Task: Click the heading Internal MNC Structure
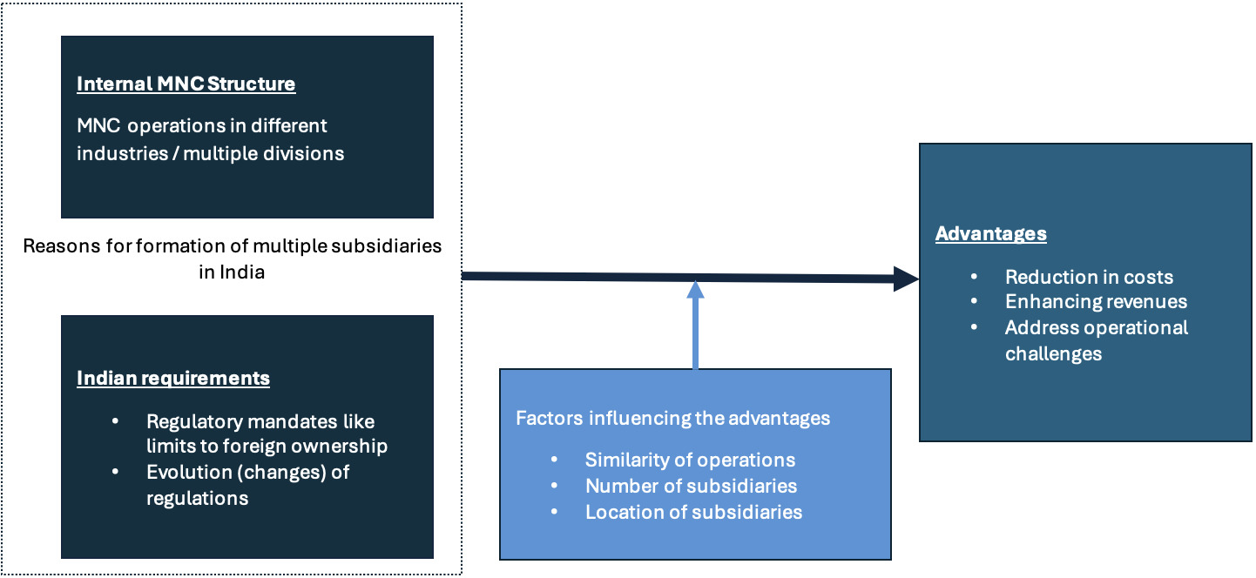[x=186, y=84]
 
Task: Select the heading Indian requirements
[x=173, y=378]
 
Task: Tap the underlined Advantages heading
[x=990, y=234]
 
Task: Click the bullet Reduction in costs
[x=1089, y=277]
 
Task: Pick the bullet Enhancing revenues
[x=1096, y=301]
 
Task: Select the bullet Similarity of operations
[x=690, y=460]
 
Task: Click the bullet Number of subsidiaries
[x=691, y=486]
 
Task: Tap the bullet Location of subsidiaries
[x=693, y=512]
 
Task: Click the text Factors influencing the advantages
[x=672, y=418]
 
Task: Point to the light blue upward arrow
[x=695, y=326]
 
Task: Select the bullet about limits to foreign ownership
[x=266, y=433]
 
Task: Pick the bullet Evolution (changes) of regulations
[x=247, y=485]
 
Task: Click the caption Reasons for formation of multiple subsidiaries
[x=232, y=245]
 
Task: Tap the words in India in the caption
[x=231, y=272]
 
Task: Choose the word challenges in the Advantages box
[x=1053, y=353]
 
